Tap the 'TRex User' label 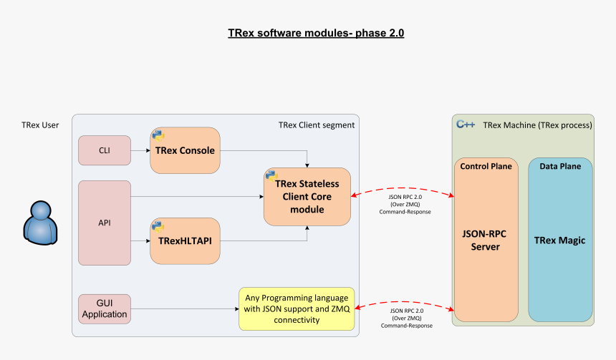point(40,125)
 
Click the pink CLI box point(104,150)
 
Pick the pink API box point(104,223)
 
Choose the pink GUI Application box point(104,308)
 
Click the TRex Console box point(184,150)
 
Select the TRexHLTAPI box point(184,240)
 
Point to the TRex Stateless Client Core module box point(307,197)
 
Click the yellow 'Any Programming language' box point(297,308)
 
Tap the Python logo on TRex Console point(158,134)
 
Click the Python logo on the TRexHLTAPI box point(158,225)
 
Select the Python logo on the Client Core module point(271,175)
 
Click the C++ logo point(466,125)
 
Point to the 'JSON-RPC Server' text point(485,240)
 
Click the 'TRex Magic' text point(559,240)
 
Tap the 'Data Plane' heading point(560,166)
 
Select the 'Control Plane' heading point(486,166)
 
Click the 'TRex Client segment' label point(316,125)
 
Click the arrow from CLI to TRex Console point(139,150)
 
